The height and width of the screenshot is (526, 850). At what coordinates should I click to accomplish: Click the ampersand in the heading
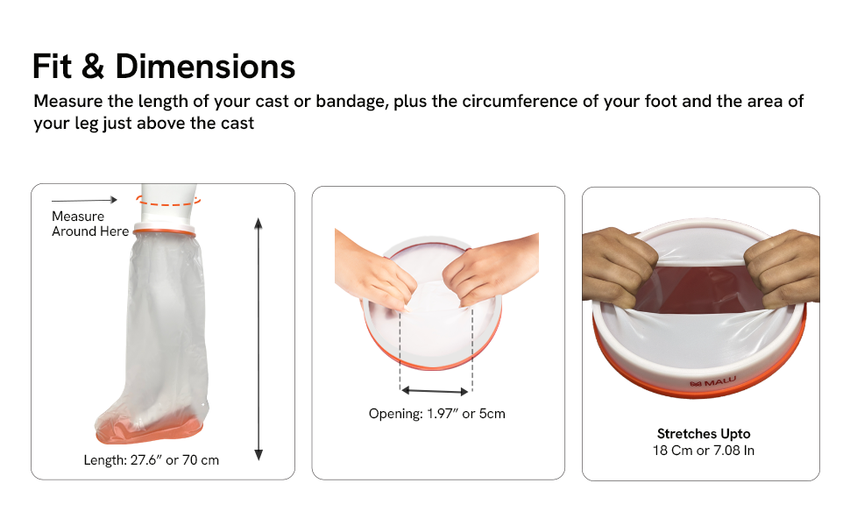(x=93, y=67)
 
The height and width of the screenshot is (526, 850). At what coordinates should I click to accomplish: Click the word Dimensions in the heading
(x=205, y=67)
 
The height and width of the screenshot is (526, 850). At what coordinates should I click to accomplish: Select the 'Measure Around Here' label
(x=90, y=224)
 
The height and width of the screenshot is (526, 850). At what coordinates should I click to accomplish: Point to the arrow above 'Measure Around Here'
(x=85, y=200)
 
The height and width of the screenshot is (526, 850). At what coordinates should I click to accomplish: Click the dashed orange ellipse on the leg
(x=168, y=202)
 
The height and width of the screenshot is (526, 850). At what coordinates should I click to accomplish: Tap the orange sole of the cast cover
(x=149, y=431)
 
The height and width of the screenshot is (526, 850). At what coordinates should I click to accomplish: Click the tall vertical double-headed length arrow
(x=259, y=339)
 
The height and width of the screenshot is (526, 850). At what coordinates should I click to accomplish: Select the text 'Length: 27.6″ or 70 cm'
(x=152, y=460)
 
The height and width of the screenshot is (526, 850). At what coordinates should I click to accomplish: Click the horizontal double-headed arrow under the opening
(x=435, y=390)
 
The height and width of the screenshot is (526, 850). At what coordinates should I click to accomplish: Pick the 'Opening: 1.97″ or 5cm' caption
(x=437, y=414)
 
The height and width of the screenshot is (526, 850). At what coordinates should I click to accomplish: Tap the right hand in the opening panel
(x=491, y=267)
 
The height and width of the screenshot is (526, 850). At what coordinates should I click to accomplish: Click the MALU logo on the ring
(x=712, y=382)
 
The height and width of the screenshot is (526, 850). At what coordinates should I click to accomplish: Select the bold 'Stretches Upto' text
(x=704, y=434)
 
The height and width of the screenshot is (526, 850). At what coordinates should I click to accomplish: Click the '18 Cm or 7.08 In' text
(x=704, y=451)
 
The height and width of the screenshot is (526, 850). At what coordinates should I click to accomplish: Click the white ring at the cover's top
(x=164, y=227)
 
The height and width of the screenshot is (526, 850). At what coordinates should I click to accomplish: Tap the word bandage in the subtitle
(x=352, y=102)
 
